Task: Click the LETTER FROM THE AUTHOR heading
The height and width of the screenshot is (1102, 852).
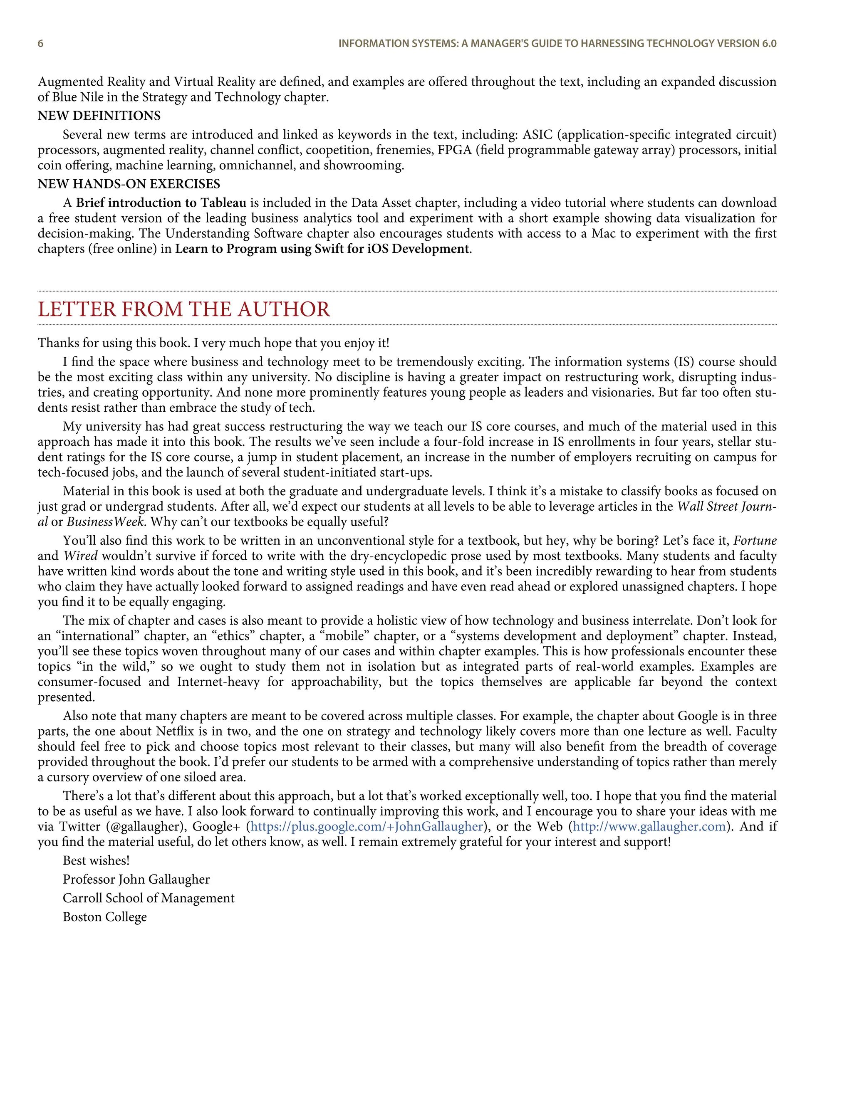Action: coord(184,309)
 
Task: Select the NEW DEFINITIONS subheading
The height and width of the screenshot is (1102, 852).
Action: coord(99,116)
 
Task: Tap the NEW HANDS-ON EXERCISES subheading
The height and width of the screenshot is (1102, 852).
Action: coord(129,184)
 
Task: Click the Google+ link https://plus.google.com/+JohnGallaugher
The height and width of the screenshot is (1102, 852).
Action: coord(367,827)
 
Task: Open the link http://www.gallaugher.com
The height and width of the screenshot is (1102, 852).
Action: coord(649,827)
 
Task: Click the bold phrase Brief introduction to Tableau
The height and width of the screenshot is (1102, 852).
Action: coord(161,203)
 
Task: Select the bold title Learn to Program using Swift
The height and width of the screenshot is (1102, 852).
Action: coord(322,249)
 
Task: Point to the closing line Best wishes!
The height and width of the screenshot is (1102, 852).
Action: coord(96,860)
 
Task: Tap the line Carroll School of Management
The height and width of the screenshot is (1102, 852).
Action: coord(149,898)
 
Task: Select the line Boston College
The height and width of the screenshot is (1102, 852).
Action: coord(104,917)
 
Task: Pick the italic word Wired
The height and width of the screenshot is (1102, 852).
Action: coord(80,556)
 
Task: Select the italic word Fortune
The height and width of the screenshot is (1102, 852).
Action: coord(755,541)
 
